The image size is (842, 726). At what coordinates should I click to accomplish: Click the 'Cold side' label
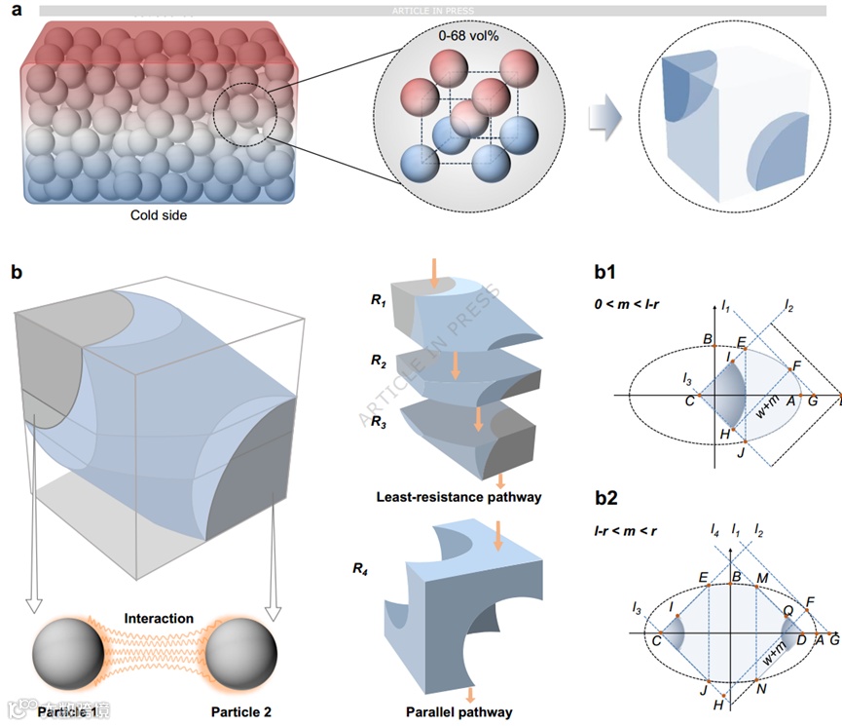point(159,215)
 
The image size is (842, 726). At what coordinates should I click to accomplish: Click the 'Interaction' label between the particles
point(159,619)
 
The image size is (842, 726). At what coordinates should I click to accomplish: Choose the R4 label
point(364,562)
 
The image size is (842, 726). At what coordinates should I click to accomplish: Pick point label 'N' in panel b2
point(760,688)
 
